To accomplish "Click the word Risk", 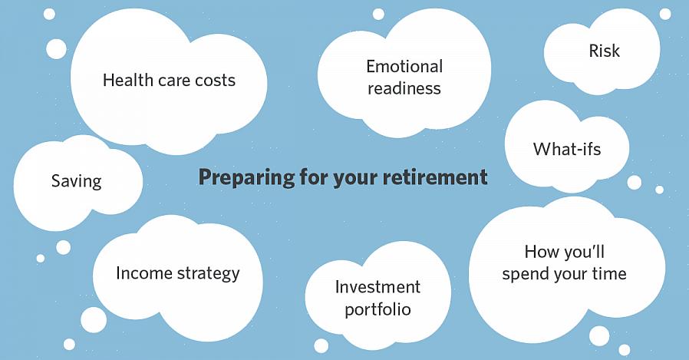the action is pyautogui.click(x=604, y=51).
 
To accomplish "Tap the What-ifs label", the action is pyautogui.click(x=567, y=149).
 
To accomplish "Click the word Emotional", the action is pyautogui.click(x=404, y=67).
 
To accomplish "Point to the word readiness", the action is pyautogui.click(x=404, y=88).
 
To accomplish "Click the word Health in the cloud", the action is pyautogui.click(x=127, y=80).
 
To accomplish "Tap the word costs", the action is pyautogui.click(x=216, y=81).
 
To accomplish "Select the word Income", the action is pyautogui.click(x=144, y=273).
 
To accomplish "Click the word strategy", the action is pyautogui.click(x=209, y=274).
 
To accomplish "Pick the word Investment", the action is pyautogui.click(x=377, y=287).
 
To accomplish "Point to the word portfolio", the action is pyautogui.click(x=378, y=309).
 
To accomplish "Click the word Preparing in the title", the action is pyautogui.click(x=246, y=177).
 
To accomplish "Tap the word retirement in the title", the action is pyautogui.click(x=435, y=177).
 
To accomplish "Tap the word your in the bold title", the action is pyautogui.click(x=355, y=179).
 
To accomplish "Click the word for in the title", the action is pyautogui.click(x=314, y=177).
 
